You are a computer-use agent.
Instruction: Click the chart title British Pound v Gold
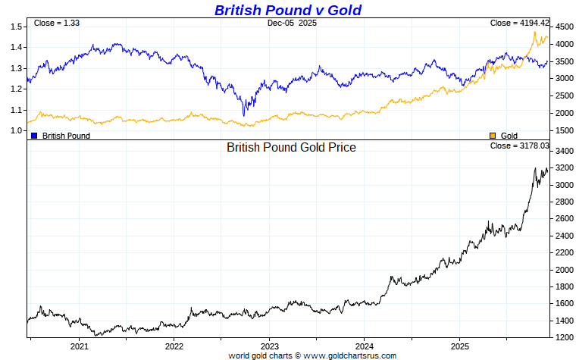pos(287,10)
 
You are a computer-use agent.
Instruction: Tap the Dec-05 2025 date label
pos(292,23)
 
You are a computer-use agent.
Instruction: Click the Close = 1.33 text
pos(57,23)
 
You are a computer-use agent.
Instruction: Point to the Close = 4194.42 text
pos(519,23)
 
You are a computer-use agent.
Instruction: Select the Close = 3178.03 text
pos(519,146)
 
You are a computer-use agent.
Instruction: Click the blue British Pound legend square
pos(34,136)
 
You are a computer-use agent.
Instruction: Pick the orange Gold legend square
pos(493,136)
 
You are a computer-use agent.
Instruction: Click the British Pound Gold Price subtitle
pos(291,148)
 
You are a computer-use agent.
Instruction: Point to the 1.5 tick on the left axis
pos(16,27)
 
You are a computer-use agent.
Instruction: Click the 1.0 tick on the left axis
pos(16,130)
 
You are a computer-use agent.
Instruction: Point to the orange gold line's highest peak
pos(535,32)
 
